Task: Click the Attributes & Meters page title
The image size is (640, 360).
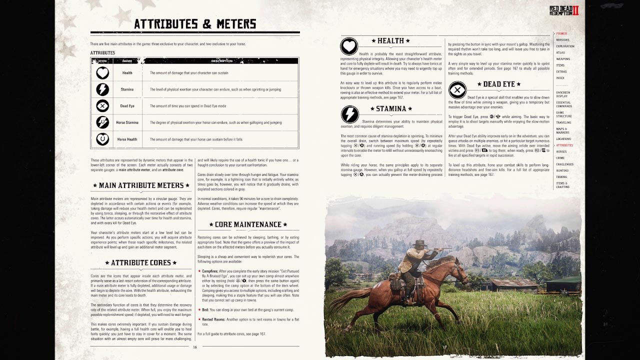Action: click(195, 24)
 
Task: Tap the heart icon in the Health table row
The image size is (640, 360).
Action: click(102, 73)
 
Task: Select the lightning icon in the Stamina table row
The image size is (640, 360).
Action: click(102, 89)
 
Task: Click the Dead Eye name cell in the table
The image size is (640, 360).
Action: click(127, 106)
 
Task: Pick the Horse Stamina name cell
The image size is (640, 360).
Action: click(127, 122)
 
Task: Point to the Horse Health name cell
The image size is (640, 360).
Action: click(127, 139)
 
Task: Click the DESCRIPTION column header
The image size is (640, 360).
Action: click(221, 61)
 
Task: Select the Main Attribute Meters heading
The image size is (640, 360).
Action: click(141, 185)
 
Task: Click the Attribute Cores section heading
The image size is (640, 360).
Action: click(141, 262)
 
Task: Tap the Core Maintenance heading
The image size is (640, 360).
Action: click(248, 224)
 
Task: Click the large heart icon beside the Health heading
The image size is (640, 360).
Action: click(349, 46)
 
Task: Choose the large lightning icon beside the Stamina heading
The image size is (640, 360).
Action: click(349, 114)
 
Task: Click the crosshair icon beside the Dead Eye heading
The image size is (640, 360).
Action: click(457, 90)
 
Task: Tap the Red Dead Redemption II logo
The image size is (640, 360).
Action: click(563, 10)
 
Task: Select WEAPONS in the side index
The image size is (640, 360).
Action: click(563, 59)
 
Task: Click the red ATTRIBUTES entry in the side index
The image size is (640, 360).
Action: click(564, 145)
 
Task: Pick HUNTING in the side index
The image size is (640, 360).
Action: click(562, 170)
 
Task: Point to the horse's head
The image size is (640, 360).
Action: click(458, 270)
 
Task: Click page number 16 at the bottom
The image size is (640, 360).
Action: click(195, 347)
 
